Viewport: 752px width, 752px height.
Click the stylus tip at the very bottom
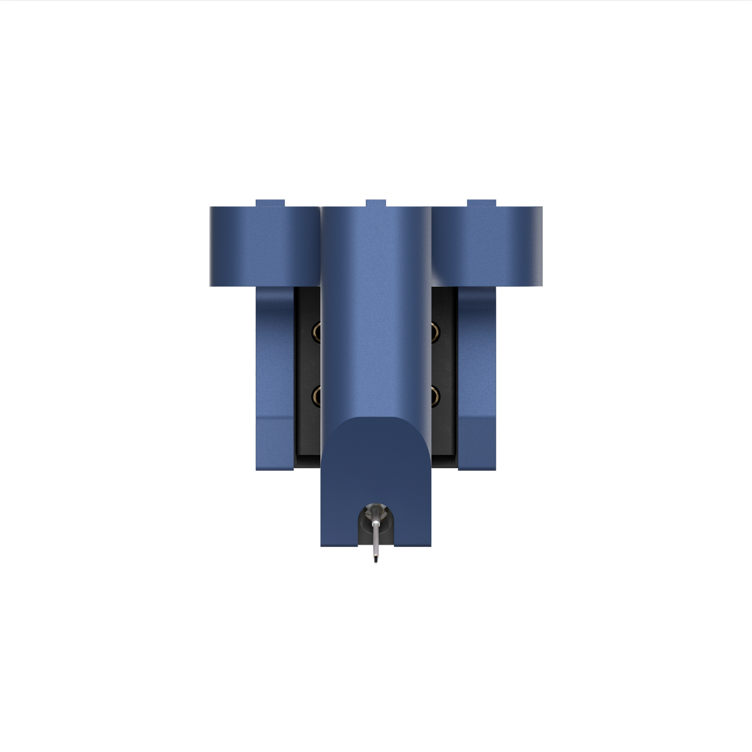point(376,561)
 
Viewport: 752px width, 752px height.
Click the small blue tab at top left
point(270,203)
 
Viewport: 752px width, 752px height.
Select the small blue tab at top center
point(376,203)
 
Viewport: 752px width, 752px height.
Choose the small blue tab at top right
point(481,203)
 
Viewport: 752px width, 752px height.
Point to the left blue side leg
point(275,377)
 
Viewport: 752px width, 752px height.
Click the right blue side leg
point(477,377)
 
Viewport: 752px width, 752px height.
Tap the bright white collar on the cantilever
point(377,524)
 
